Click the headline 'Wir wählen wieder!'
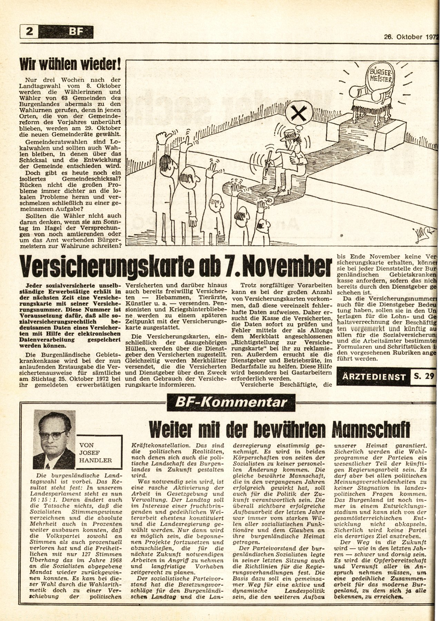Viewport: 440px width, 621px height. (72, 65)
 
